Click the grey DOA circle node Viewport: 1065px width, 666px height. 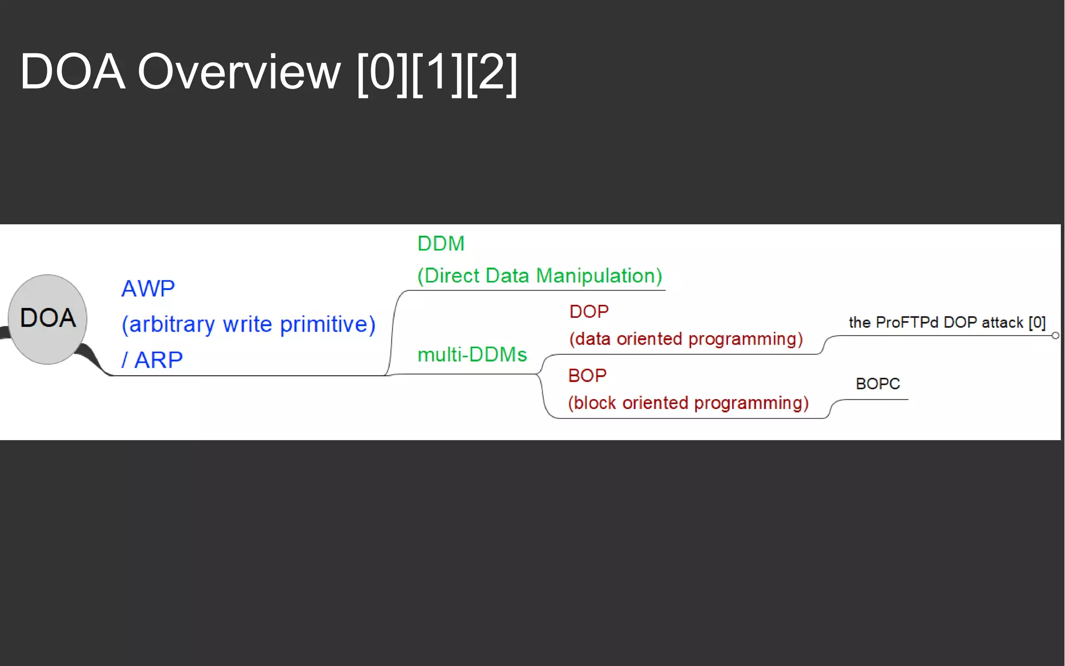(47, 319)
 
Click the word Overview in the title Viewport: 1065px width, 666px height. (239, 72)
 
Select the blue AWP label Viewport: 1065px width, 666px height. (148, 289)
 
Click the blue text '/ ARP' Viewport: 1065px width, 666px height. (152, 360)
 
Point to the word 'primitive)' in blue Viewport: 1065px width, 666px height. (328, 325)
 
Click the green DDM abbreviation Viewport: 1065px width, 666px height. (440, 244)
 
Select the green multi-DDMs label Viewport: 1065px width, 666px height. (472, 355)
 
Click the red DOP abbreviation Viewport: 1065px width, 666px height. (589, 312)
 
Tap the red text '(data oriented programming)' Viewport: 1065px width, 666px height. (685, 339)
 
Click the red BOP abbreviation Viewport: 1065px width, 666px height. (587, 376)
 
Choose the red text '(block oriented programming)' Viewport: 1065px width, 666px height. (688, 403)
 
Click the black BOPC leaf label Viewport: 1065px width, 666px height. (877, 384)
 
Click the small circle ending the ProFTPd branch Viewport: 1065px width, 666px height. (1055, 336)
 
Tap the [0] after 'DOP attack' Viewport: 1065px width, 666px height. (1037, 323)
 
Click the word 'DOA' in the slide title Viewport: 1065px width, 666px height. (72, 72)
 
